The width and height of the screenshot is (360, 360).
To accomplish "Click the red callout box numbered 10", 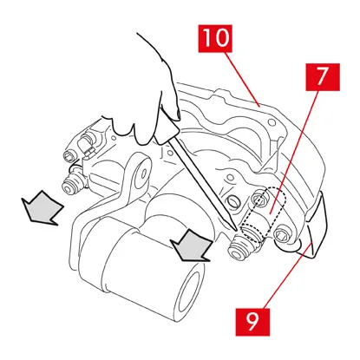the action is coord(215,38).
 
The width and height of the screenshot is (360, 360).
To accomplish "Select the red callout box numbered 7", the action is coord(323,77).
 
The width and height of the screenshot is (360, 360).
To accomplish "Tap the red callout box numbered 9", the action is coord(252,322).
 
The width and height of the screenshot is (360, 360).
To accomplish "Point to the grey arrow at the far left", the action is coord(43,207).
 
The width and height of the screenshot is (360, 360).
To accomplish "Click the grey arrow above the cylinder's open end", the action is coord(192,245).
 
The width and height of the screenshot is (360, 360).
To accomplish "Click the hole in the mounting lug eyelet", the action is coord(144,174).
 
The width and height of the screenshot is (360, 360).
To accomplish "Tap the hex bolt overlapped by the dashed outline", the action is coord(259,198).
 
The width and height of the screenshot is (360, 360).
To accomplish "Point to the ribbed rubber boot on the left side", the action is coord(72,184).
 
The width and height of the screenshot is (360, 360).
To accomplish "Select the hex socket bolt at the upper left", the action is coord(70,156).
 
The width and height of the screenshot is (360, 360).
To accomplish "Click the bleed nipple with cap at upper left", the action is coord(86,143).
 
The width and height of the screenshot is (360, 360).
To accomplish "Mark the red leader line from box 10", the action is coord(242,80).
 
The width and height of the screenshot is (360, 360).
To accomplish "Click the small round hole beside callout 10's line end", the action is coord(272,122).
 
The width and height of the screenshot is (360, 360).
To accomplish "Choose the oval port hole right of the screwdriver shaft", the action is coord(232,200).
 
